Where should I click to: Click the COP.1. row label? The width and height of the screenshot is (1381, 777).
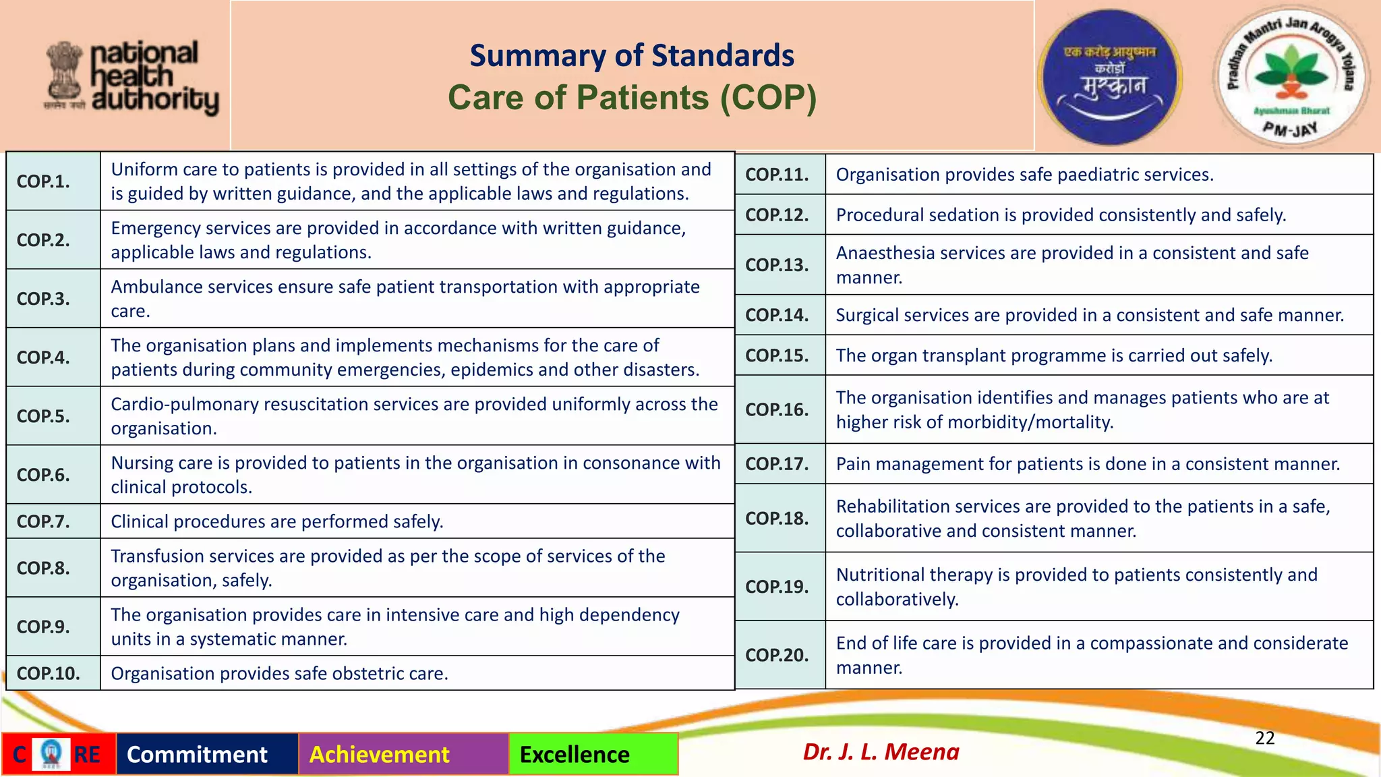tap(43, 181)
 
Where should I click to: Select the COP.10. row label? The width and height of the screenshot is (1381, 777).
tap(48, 673)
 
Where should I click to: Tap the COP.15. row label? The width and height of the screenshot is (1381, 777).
tap(777, 355)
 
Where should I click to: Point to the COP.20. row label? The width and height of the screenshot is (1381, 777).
tap(777, 655)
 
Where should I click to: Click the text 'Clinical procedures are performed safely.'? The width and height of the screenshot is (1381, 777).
tap(277, 521)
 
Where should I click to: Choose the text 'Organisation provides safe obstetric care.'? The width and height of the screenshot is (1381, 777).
tap(279, 673)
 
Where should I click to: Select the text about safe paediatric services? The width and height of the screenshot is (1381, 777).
tap(1024, 175)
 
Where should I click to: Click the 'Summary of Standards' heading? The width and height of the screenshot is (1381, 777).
tap(632, 55)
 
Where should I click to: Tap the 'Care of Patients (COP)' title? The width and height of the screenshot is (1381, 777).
tap(632, 97)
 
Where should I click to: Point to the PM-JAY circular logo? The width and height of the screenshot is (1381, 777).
tap(1291, 76)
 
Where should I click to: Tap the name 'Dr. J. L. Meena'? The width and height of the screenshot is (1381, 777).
tap(881, 751)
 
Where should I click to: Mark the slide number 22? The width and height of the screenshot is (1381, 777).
tap(1264, 738)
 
